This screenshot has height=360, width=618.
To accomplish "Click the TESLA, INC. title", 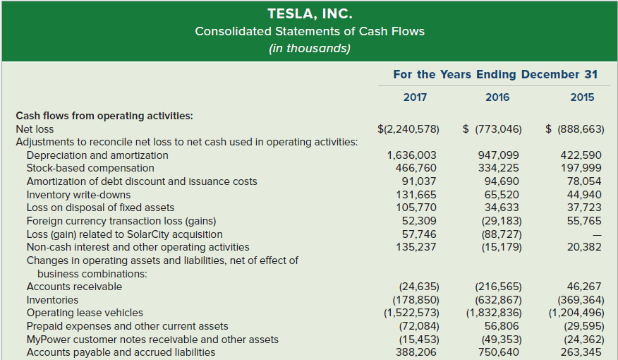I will (x=309, y=13).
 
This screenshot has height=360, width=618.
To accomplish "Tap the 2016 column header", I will (x=497, y=97).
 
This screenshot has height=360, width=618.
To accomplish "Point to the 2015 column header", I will (x=582, y=97).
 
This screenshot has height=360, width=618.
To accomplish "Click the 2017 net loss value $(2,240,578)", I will (x=408, y=129).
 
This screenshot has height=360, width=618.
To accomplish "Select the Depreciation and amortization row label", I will (x=97, y=155).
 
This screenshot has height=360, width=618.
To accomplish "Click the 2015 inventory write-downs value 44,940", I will (x=585, y=195).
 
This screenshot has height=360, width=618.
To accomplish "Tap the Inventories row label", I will (x=53, y=300).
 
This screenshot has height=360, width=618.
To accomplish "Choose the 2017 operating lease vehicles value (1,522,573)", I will (x=411, y=313).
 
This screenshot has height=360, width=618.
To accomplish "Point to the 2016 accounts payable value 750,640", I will (x=501, y=352).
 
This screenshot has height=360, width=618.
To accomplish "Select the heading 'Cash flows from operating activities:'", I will (x=104, y=115).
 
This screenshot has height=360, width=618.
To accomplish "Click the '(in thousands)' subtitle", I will (x=309, y=49).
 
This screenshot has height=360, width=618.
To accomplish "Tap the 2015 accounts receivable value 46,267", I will (x=584, y=287).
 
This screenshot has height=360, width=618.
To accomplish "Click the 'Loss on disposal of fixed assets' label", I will (x=100, y=208).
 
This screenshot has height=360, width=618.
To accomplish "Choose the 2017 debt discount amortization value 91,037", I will (x=418, y=181).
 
